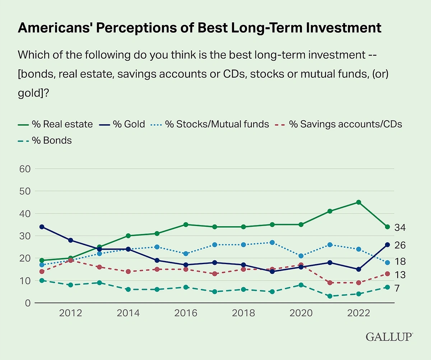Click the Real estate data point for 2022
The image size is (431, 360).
358,202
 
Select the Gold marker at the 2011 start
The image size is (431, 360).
42,227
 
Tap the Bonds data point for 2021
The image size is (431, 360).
330,296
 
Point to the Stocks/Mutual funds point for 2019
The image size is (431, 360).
272,243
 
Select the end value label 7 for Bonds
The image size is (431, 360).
397,288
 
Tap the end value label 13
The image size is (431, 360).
400,275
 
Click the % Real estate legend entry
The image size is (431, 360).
55,125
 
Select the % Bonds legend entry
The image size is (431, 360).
45,140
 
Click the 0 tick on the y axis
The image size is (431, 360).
27,303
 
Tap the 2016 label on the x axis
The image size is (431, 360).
186,313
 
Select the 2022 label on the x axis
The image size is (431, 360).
358,313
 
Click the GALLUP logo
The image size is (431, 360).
389,337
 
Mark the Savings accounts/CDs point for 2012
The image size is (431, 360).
70,260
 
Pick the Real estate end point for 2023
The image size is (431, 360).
387,227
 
